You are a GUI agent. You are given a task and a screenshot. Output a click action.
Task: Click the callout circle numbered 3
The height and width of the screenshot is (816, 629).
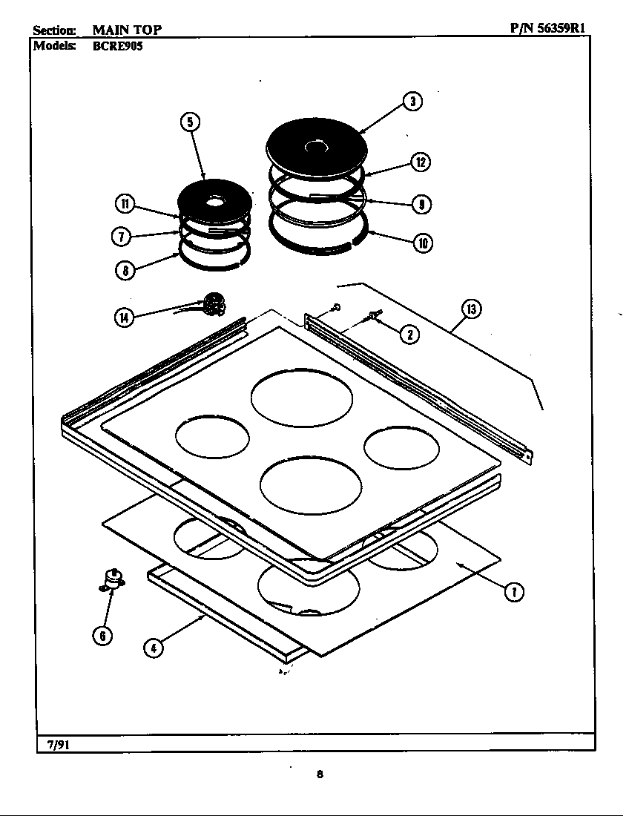[x=412, y=102]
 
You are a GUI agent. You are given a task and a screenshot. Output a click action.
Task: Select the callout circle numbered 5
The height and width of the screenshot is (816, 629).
[x=191, y=122]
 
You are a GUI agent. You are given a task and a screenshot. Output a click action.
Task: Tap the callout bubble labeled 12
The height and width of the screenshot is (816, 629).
[x=420, y=162]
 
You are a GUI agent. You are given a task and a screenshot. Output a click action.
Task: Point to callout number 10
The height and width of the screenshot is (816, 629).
[x=424, y=243]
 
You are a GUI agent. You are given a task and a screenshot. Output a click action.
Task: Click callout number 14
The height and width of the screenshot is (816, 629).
[x=123, y=317]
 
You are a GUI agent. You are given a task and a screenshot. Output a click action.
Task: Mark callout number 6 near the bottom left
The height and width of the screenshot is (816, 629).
[x=102, y=636]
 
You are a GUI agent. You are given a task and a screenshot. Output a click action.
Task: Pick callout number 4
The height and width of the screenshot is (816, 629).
[x=154, y=648]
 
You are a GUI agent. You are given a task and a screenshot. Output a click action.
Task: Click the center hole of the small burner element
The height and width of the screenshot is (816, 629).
[x=215, y=201]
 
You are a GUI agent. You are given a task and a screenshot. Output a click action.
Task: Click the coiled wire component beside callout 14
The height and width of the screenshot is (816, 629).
[x=214, y=303]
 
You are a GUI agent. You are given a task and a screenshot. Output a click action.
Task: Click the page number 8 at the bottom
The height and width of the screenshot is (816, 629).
[x=319, y=774]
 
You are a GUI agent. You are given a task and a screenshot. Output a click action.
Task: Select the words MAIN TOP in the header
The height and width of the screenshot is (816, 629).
[x=127, y=30]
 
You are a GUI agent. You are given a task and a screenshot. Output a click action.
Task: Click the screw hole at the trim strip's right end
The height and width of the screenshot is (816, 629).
[x=528, y=458]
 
